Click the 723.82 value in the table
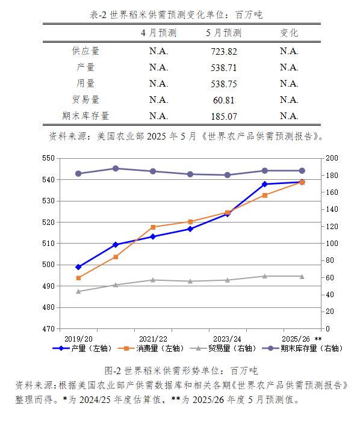coord(224,51)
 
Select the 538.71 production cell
coord(224,67)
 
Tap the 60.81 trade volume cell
coord(224,100)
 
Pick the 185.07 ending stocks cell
coord(224,116)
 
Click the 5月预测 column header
coord(223,32)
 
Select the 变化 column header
coord(289,32)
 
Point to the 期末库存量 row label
coord(85,115)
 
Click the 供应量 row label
coord(85,51)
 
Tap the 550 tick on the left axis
coord(48,158)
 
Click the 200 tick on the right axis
coord(332,158)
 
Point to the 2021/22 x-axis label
coord(153,339)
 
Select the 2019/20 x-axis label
coord(78,339)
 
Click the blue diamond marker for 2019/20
coord(78,267)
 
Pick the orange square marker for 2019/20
coord(78,278)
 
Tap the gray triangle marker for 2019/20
coord(78,292)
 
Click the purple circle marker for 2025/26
coord(302,171)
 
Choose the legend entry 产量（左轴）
coord(82,348)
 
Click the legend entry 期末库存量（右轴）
coord(302,348)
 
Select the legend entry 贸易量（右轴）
coord(223,348)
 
